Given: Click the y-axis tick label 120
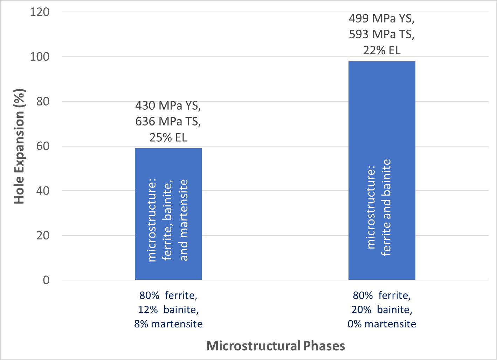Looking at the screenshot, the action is coord(40,12).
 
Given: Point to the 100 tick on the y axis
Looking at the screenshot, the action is coord(40,57).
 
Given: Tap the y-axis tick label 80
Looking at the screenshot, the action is coord(43,102).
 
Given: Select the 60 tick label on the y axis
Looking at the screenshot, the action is coord(43,146).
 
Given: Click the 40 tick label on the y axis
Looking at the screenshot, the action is coord(43,191).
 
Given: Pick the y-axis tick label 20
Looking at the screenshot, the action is coord(43,236).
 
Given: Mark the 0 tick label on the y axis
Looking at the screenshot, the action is coord(46,280).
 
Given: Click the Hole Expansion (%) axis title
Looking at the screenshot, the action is coord(19,146).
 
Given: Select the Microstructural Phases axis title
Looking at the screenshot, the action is coord(276,346).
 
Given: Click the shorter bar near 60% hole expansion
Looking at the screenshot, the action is coord(168,214).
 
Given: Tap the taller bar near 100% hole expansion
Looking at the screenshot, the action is coord(382,171).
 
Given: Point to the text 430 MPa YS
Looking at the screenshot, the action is coord(168,106).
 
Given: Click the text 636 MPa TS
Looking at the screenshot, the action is coord(168,122).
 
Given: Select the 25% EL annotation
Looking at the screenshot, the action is coord(168,137).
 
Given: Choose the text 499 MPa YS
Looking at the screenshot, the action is coord(382,19).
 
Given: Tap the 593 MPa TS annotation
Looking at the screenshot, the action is coord(382,34).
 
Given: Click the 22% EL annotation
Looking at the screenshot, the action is coord(382,50).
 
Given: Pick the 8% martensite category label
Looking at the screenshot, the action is coord(168,324).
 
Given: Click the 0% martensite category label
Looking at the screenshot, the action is coord(382,324).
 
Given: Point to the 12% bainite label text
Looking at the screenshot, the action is coord(168,310).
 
